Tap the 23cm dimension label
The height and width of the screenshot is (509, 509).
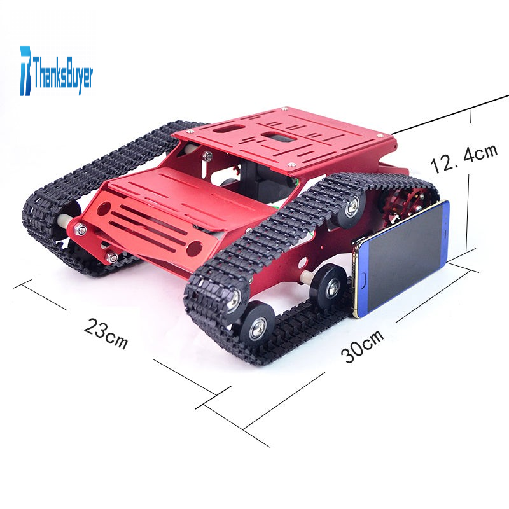[x=106, y=333]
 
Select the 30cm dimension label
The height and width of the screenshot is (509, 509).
[x=362, y=346]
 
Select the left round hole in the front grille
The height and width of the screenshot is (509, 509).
[x=104, y=208]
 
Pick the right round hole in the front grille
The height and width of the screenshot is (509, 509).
[x=194, y=248]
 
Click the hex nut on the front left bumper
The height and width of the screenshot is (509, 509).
[x=80, y=230]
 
